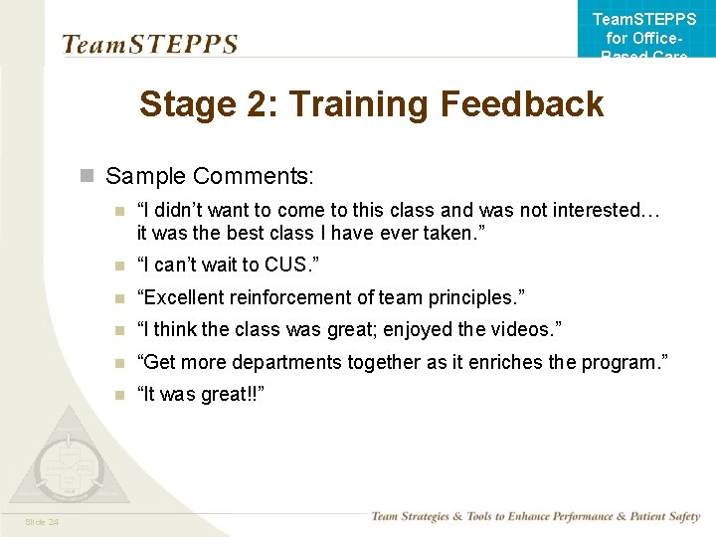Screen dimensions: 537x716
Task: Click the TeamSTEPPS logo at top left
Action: point(149,45)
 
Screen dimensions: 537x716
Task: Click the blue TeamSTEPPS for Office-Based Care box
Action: point(644,30)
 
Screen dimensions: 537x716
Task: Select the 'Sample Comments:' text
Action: point(210,176)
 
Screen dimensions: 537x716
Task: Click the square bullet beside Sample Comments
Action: point(88,177)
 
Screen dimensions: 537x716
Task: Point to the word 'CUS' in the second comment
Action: point(295,265)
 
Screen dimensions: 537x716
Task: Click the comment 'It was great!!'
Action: point(200,394)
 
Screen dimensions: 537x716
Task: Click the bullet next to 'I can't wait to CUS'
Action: point(119,266)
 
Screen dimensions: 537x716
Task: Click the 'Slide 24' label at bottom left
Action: point(41,522)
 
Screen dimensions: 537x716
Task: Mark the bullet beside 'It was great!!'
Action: point(119,395)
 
